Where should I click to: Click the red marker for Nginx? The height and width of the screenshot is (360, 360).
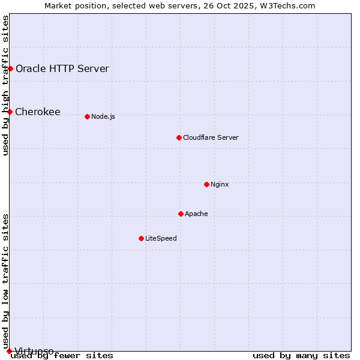pyautogui.click(x=206, y=184)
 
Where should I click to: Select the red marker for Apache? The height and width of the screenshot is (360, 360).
pyautogui.click(x=181, y=214)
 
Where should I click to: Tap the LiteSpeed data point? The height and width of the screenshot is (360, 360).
pyautogui.click(x=141, y=238)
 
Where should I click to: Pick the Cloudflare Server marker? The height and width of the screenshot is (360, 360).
pyautogui.click(x=179, y=137)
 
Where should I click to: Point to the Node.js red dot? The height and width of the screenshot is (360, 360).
pyautogui.click(x=87, y=116)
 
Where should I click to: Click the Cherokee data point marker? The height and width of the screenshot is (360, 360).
pyautogui.click(x=10, y=112)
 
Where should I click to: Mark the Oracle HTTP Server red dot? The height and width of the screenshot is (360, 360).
pyautogui.click(x=10, y=68)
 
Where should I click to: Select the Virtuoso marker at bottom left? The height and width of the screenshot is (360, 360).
pyautogui.click(x=9, y=351)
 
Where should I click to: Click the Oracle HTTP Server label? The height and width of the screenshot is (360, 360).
pyautogui.click(x=62, y=68)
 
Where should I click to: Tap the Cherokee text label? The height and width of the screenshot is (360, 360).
pyautogui.click(x=37, y=112)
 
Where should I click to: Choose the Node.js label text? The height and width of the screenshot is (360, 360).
pyautogui.click(x=103, y=116)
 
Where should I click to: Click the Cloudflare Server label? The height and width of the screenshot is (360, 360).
pyautogui.click(x=211, y=137)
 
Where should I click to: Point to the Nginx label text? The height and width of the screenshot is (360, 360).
pyautogui.click(x=220, y=184)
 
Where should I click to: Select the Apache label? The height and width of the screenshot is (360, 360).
pyautogui.click(x=196, y=214)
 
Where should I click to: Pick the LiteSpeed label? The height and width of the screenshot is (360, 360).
pyautogui.click(x=161, y=238)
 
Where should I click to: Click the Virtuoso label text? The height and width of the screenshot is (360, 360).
pyautogui.click(x=34, y=351)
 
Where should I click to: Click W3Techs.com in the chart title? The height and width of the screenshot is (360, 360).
pyautogui.click(x=290, y=5)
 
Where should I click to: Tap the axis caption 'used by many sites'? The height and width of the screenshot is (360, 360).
pyautogui.click(x=301, y=355)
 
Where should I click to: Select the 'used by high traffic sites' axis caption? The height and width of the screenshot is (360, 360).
pyautogui.click(x=6, y=85)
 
